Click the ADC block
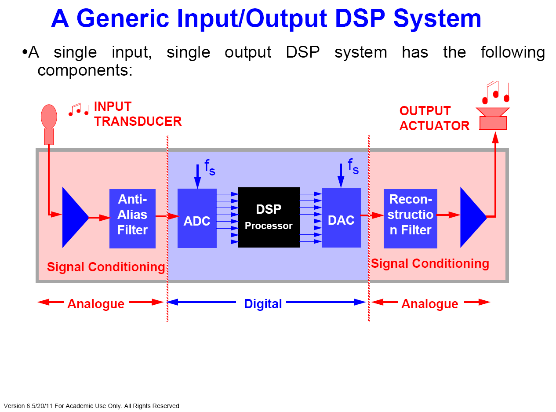point(197,218)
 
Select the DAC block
point(341,217)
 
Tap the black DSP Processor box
point(269,217)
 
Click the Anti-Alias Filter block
point(132,219)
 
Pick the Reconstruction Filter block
point(411,219)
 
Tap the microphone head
point(49,117)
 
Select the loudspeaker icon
point(493,119)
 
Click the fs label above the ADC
point(210,167)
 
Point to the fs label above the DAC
point(353,166)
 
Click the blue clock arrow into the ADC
point(197,176)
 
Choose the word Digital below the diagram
point(263,304)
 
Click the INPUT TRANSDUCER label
point(138,114)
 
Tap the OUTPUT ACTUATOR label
point(434,118)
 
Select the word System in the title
point(437,19)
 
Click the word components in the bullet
point(85,70)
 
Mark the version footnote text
point(91,406)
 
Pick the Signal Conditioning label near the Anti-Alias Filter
point(106,267)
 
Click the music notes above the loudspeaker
point(496,92)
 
